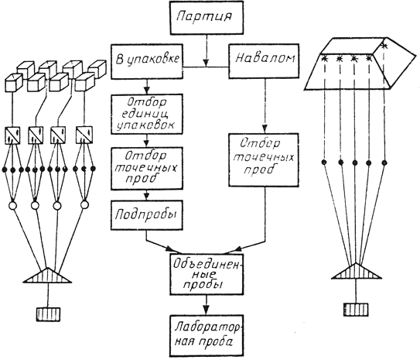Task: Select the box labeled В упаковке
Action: [x=147, y=61]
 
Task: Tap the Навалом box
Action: [x=264, y=61]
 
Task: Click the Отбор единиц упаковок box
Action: [x=147, y=114]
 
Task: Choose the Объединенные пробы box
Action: [x=207, y=274]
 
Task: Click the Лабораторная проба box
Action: [x=207, y=336]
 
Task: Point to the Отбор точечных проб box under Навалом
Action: [x=264, y=159]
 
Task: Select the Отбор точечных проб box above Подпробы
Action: [x=147, y=168]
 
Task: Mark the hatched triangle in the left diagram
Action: [x=47, y=276]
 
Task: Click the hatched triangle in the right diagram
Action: [x=357, y=272]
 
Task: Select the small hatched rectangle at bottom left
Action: [x=48, y=314]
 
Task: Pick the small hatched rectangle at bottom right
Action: [x=356, y=310]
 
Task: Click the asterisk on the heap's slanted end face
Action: [x=384, y=46]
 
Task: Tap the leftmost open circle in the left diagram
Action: [x=12, y=206]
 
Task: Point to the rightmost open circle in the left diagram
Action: [x=84, y=205]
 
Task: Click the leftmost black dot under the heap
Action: [x=324, y=162]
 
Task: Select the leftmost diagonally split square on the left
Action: [x=12, y=135]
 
